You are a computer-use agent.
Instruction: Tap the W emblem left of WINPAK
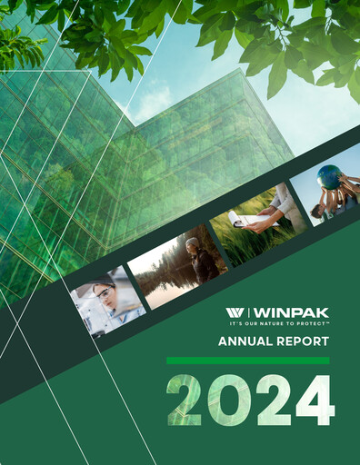pos(235,313)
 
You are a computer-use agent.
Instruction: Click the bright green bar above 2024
pos(247,361)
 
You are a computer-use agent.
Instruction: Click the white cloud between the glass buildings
pos(151,99)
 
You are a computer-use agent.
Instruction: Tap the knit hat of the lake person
pos(193,242)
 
